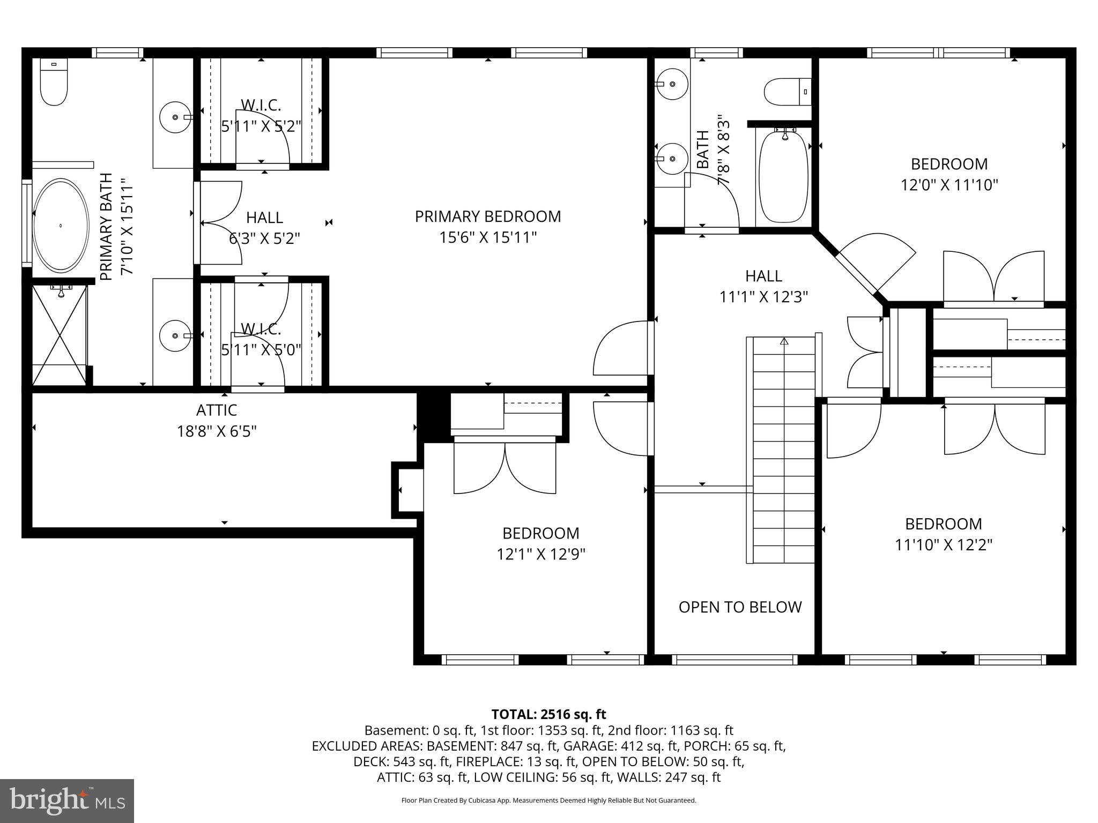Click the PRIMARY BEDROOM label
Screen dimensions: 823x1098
click(x=488, y=216)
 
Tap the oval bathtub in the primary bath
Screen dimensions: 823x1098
click(x=61, y=225)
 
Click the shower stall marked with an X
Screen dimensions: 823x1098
click(x=59, y=335)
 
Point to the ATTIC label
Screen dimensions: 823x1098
click(x=217, y=410)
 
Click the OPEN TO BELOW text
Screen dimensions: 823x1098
click(x=740, y=607)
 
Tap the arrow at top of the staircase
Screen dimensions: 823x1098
click(x=784, y=341)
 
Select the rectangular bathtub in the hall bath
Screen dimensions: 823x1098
click(x=783, y=177)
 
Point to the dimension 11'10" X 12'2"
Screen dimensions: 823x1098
click(x=944, y=545)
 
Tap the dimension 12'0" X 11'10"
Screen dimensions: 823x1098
click(x=949, y=185)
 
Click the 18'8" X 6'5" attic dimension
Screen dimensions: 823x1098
click(x=217, y=431)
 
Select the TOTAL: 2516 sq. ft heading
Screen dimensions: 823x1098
click(x=548, y=714)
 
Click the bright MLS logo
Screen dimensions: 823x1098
click(x=67, y=801)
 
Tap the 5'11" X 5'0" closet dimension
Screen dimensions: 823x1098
click(x=261, y=350)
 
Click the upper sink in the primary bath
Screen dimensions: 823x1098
click(x=175, y=116)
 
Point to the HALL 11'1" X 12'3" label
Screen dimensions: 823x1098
click(x=763, y=286)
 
